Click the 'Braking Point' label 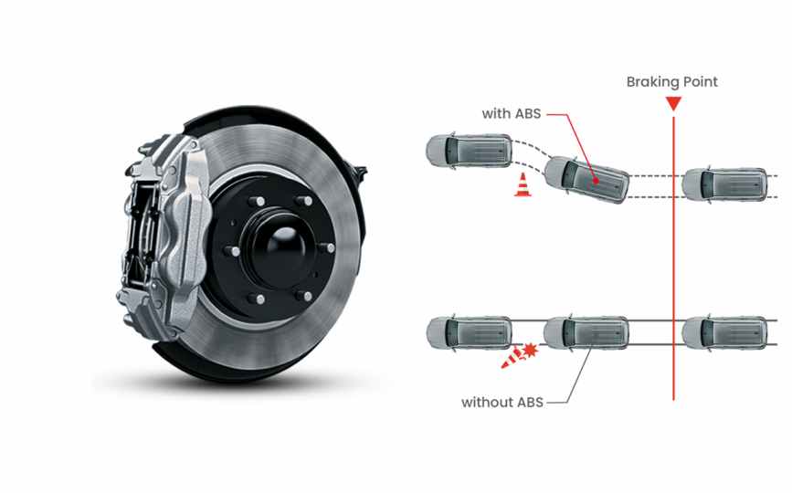[671, 82]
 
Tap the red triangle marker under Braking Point [673, 103]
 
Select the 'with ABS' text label [512, 114]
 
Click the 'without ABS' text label [502, 402]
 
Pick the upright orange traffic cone [523, 185]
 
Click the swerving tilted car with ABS [587, 179]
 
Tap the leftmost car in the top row [470, 150]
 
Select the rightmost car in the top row [724, 184]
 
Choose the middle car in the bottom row [586, 333]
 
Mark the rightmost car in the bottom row [724, 333]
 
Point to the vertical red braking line [673, 274]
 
